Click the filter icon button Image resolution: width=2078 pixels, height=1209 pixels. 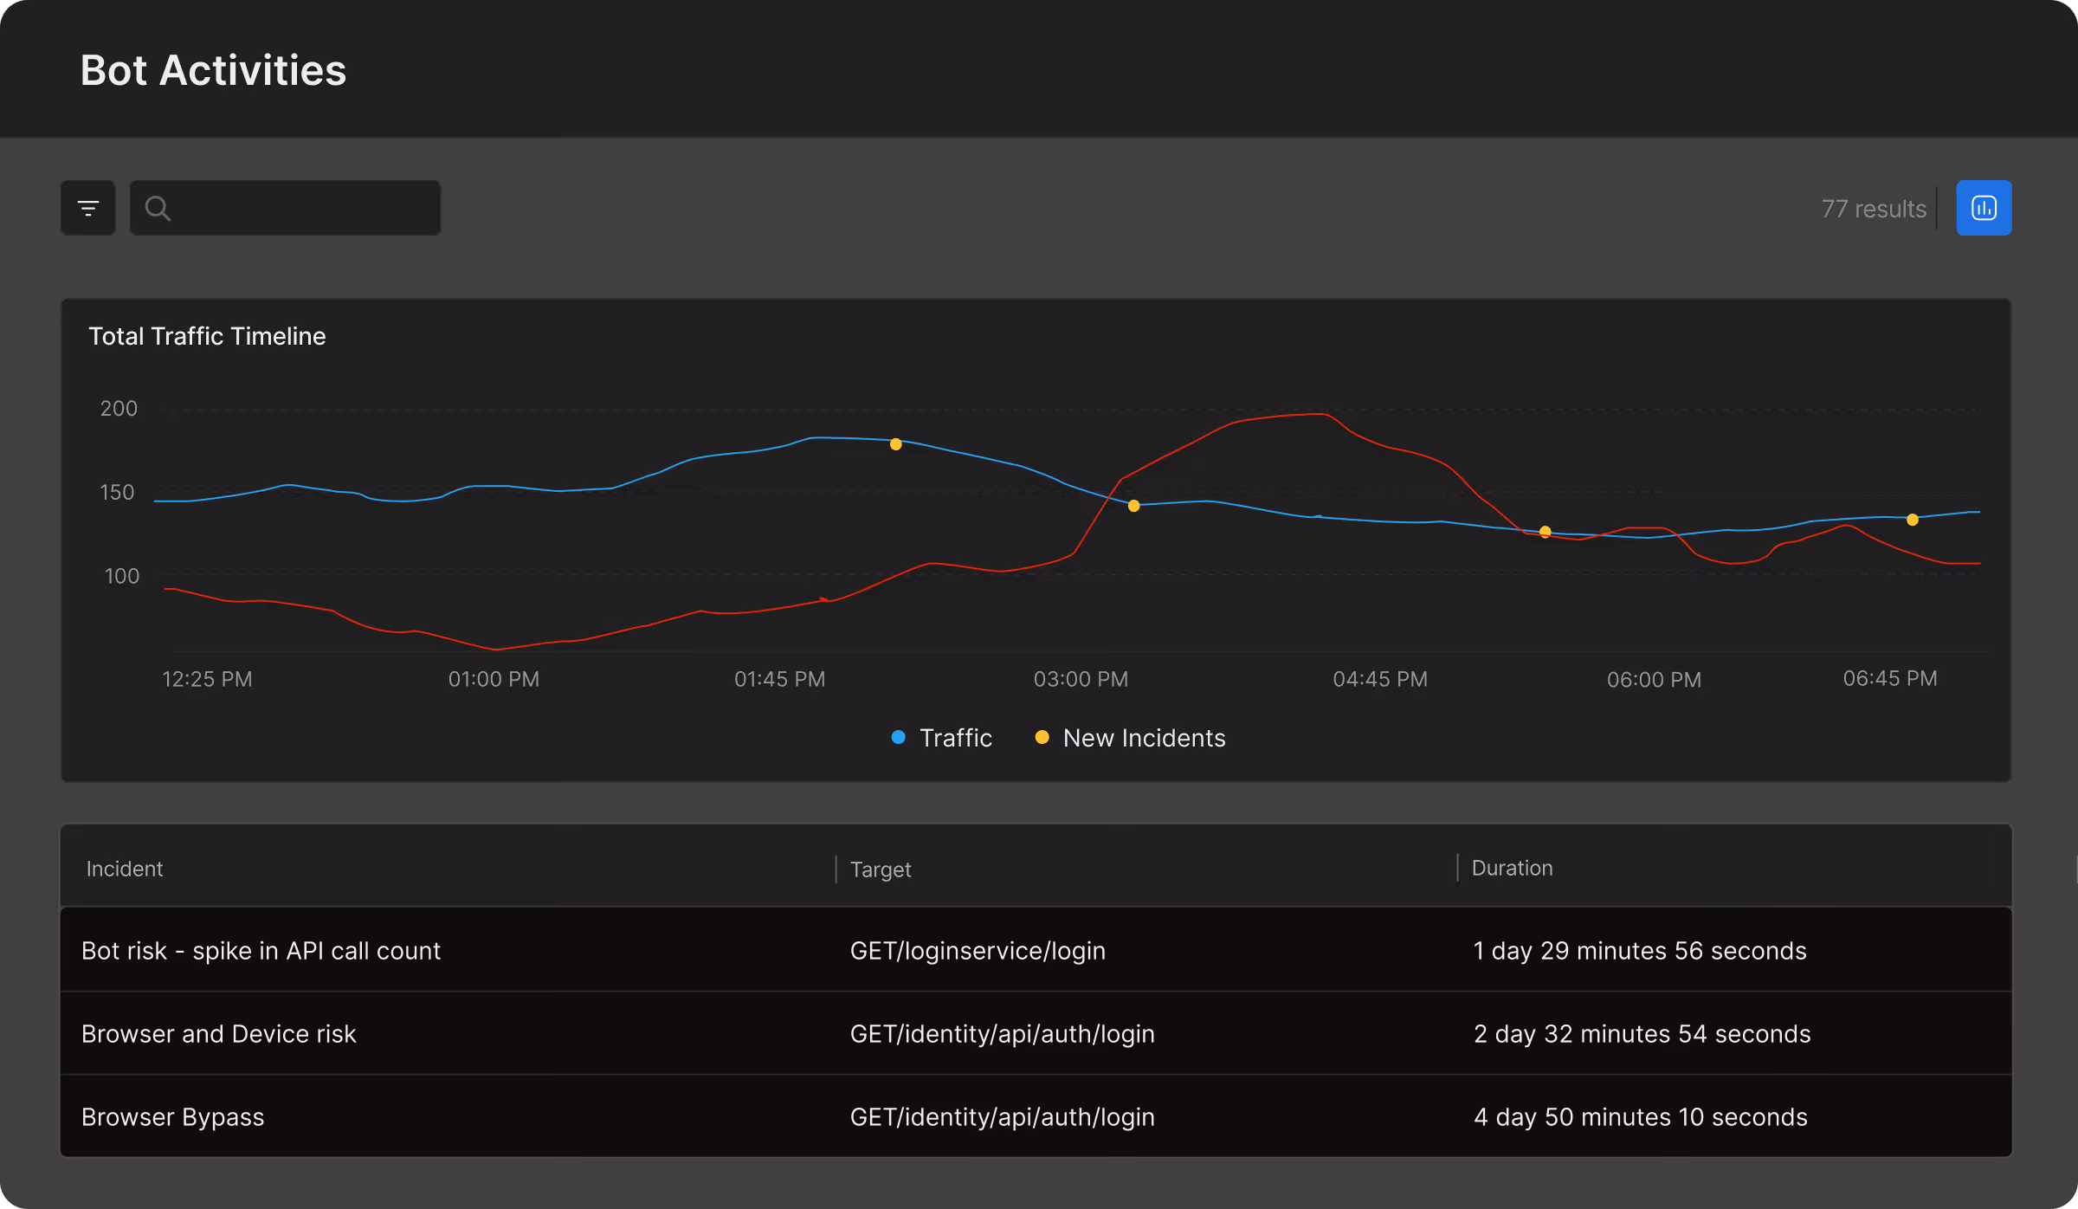tap(87, 208)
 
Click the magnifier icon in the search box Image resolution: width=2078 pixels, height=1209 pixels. tap(158, 208)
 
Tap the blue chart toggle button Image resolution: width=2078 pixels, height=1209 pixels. tap(1984, 208)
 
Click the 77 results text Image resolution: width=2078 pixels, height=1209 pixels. tap(1874, 209)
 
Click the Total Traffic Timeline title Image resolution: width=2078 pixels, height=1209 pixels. tap(207, 336)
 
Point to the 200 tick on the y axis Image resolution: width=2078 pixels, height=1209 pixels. tap(119, 408)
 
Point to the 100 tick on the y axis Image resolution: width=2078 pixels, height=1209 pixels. tap(121, 576)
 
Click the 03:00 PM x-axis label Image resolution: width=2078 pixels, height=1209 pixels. tap(1081, 679)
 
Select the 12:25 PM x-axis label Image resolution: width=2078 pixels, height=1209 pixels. tap(207, 679)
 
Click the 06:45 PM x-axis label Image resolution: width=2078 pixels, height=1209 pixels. tap(1890, 678)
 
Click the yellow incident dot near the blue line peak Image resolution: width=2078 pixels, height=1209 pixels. tap(896, 444)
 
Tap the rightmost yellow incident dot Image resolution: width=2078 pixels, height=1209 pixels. tap(1913, 520)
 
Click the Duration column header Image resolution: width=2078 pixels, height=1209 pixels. tap(1512, 868)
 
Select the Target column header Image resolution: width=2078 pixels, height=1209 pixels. tap(881, 869)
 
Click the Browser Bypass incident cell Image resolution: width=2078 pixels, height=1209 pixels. tap(173, 1117)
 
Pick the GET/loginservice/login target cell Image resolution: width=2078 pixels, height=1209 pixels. tap(978, 951)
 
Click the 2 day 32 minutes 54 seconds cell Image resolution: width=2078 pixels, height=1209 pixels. tap(1642, 1034)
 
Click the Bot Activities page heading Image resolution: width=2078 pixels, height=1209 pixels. tap(213, 70)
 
